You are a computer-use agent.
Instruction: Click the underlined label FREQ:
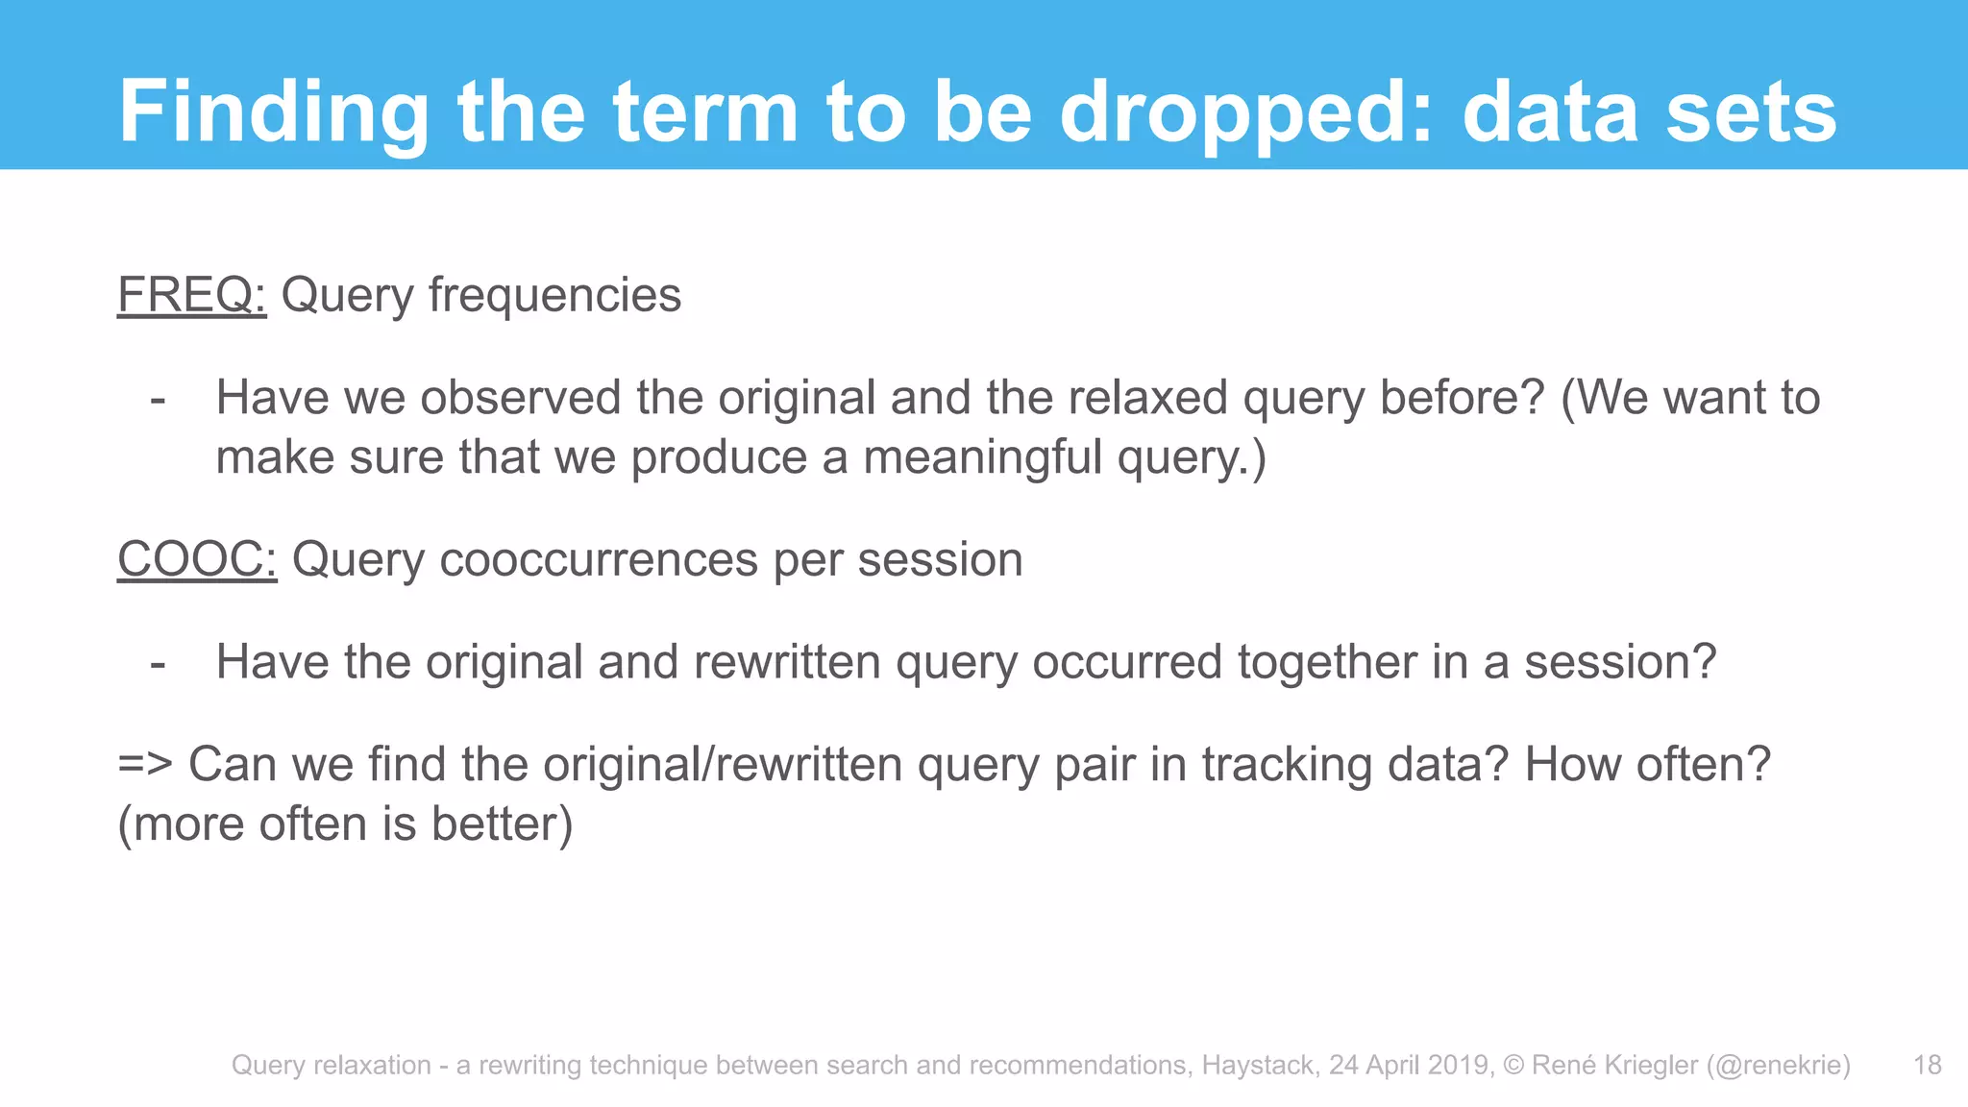191,295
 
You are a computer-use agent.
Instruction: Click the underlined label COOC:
197,559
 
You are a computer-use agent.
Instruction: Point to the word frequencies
554,295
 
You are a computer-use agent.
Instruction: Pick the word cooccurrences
599,559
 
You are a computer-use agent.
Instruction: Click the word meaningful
982,457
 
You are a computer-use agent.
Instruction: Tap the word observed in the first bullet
521,398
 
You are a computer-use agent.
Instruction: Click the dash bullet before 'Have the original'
159,664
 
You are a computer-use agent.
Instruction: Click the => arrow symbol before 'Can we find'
145,765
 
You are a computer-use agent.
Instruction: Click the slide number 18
1927,1065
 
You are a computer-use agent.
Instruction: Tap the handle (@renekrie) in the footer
1778,1065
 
